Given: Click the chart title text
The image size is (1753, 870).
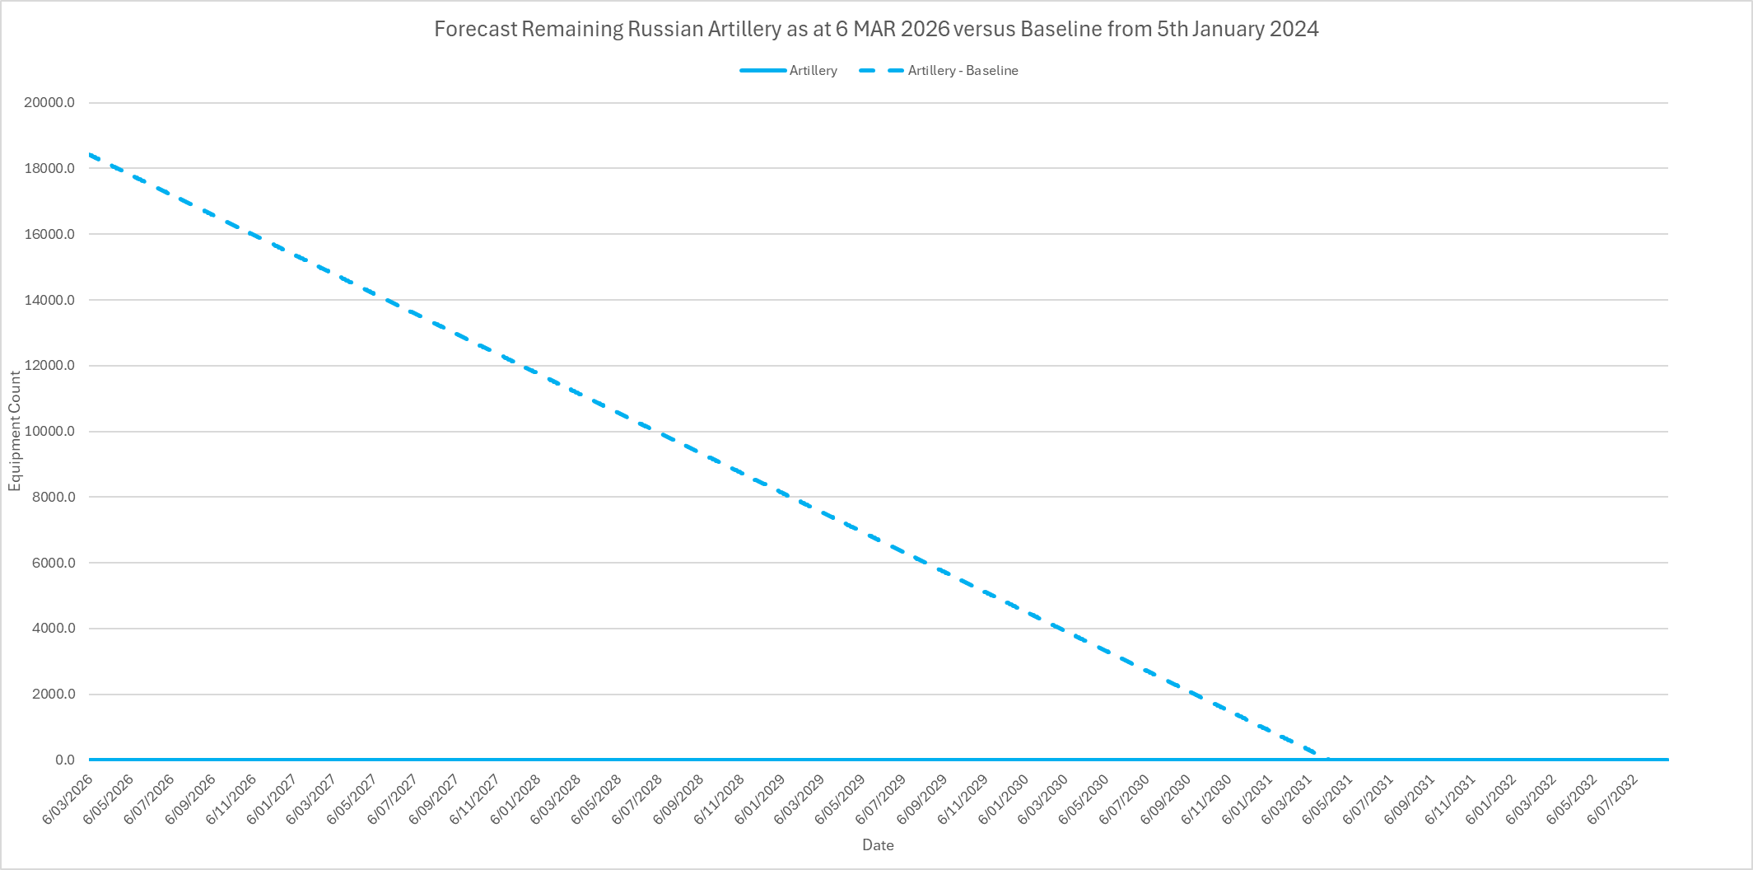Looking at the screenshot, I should [876, 30].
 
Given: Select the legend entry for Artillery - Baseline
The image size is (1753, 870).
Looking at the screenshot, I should [962, 71].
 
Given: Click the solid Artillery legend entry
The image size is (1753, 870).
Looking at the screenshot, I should [813, 71].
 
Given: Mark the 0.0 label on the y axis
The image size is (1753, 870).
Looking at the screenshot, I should [65, 760].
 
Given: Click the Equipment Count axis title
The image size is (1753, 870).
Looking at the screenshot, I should [15, 431].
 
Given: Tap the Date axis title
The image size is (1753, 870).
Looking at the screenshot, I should [878, 844].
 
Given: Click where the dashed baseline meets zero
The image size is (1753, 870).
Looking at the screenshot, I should [1326, 759].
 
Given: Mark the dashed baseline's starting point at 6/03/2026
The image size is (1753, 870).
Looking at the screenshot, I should [90, 154].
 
